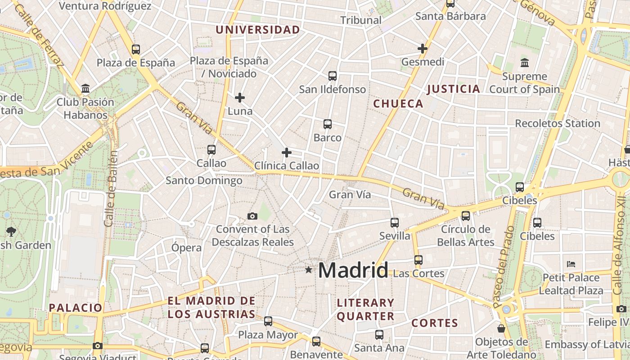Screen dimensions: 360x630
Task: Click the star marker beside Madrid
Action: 308,270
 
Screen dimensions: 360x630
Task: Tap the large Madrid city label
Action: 353,270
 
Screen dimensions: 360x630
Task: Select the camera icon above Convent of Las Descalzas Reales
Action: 252,216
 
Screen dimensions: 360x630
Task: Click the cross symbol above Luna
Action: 240,97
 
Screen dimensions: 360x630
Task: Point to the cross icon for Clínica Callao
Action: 287,153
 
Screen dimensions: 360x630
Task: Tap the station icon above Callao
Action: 211,149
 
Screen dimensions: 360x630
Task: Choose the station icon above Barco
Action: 328,124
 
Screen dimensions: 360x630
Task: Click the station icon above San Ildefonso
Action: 333,76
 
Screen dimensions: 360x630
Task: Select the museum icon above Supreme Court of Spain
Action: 524,63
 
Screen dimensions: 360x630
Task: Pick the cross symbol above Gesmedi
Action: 423,48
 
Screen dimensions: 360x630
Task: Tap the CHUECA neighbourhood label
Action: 398,104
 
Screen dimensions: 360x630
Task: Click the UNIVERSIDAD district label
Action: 257,30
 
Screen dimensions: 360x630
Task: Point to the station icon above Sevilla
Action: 395,222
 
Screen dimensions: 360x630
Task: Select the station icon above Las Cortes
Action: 418,260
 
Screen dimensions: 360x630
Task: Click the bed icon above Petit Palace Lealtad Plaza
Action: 571,264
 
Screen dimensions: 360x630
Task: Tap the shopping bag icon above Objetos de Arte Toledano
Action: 501,328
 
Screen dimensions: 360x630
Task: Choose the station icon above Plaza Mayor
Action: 268,321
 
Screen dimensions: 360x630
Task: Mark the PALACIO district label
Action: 76,308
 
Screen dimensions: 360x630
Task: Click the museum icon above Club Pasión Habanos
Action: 85,89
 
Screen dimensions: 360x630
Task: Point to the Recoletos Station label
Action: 558,123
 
